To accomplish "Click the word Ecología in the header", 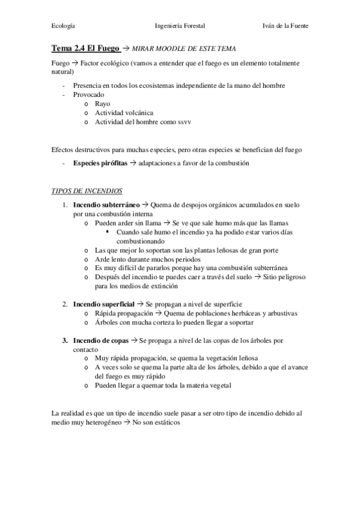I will [63, 26].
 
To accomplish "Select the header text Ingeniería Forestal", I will [180, 26].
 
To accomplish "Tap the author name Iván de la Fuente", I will [285, 26].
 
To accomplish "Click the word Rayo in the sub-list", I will [102, 103].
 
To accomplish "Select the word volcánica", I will [136, 112].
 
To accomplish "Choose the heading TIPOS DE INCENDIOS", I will [87, 191].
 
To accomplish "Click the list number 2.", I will [65, 304].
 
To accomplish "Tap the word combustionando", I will [145, 241].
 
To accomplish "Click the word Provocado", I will [88, 94].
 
